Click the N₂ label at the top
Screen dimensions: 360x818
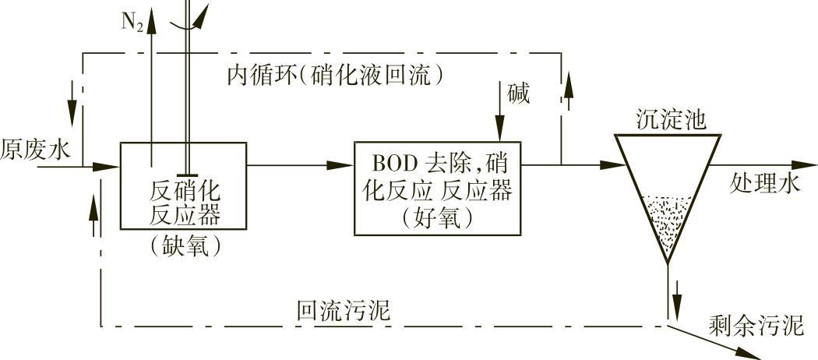[x=132, y=21]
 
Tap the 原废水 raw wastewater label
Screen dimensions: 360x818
[x=35, y=149]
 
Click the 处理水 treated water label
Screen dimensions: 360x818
[x=765, y=183]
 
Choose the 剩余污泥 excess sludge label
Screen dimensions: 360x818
[x=755, y=325]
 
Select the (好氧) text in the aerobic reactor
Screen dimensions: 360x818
[x=438, y=218]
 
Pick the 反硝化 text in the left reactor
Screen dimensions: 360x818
[x=184, y=191]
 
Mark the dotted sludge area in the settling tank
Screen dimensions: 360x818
[x=667, y=222]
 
